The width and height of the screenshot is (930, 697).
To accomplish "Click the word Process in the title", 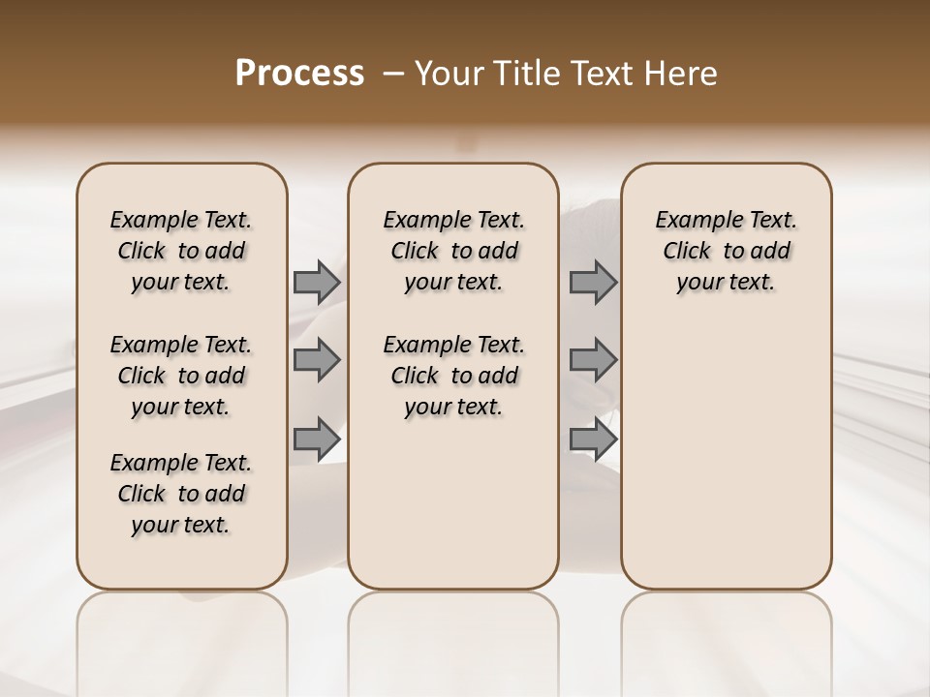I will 299,74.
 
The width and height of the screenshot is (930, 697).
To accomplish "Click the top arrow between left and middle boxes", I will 317,282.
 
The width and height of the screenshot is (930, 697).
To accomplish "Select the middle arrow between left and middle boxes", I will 317,360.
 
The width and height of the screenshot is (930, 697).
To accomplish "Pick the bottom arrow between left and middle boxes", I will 317,439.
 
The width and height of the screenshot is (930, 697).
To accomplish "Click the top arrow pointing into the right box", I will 593,282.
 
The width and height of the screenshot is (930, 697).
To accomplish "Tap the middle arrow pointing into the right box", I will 593,360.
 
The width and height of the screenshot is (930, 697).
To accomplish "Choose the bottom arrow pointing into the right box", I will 593,439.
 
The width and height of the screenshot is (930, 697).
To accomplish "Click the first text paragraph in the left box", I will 181,251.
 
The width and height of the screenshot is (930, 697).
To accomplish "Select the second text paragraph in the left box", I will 181,376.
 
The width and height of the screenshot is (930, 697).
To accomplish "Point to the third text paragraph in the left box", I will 181,494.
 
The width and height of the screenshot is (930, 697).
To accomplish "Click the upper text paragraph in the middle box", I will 454,251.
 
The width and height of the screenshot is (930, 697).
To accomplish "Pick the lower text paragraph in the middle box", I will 454,376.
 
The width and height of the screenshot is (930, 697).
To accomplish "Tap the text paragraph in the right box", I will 727,251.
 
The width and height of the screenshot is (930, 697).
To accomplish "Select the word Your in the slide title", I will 448,74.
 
